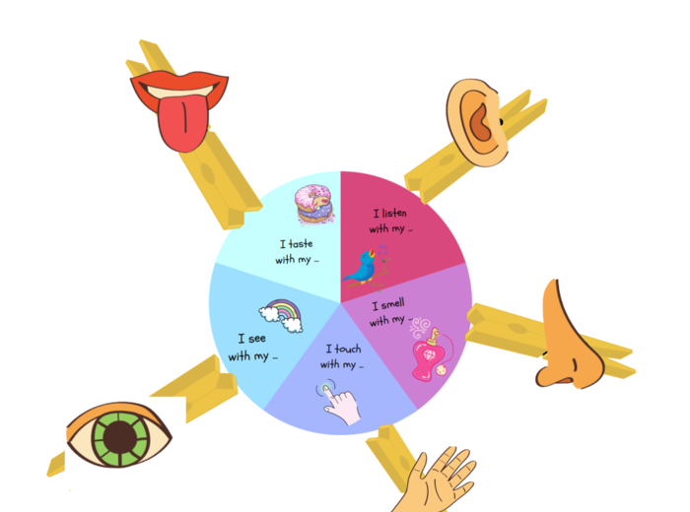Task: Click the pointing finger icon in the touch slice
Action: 338,402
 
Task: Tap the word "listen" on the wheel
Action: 397,213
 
